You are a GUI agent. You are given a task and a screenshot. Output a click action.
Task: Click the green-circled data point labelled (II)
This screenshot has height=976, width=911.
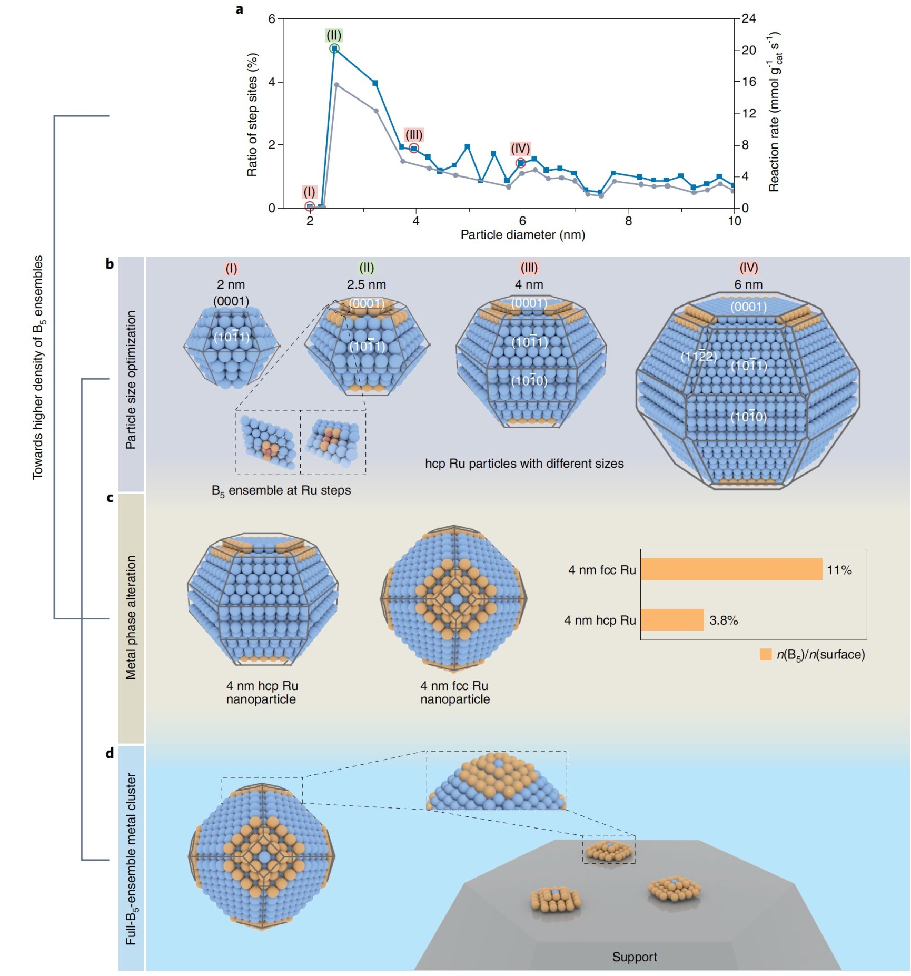pos(334,49)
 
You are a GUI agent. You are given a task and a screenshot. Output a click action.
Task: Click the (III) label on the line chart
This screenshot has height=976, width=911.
pos(414,135)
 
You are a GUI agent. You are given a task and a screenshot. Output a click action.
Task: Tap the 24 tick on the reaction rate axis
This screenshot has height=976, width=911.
pos(748,19)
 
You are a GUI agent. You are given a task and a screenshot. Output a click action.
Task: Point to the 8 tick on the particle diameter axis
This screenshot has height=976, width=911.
pos(628,221)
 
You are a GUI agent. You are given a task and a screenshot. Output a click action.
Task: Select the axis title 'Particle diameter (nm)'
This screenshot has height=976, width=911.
pos(522,235)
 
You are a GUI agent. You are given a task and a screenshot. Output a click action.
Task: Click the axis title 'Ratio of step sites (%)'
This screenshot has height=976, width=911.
pos(252,114)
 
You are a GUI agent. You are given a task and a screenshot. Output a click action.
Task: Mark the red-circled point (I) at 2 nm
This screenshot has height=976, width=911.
pos(310,206)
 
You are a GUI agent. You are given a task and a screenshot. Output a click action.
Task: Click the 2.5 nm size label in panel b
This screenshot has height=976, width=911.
pos(366,284)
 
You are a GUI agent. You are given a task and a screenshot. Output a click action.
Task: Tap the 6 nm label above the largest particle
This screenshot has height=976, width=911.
pos(748,284)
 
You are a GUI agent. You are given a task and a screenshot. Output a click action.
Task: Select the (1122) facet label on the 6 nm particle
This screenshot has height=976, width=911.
pos(698,357)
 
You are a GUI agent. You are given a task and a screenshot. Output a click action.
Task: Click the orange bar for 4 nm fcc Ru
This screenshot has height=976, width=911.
pos(731,569)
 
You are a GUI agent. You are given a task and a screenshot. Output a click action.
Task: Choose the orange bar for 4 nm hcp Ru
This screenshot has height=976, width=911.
pos(672,620)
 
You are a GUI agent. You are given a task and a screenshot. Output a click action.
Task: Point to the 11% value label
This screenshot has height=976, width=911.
pos(839,570)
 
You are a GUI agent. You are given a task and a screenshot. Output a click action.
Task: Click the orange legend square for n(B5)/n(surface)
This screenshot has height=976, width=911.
pos(765,655)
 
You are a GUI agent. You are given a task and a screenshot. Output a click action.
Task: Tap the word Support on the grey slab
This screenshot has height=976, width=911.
pos(634,957)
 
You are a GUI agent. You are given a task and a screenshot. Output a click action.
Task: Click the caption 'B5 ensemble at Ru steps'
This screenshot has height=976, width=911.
pos(281,490)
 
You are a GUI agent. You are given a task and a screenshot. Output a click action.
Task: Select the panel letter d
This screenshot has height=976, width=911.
pos(110,753)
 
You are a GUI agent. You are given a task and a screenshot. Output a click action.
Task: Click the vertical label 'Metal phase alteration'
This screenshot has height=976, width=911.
pos(131,617)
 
